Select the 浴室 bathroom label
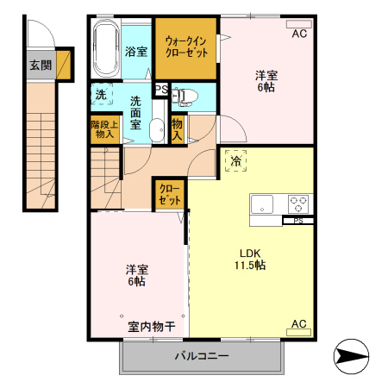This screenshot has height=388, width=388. click(x=135, y=51)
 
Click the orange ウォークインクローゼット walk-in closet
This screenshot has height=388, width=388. click(x=186, y=46)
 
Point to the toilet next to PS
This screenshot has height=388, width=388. click(x=188, y=95)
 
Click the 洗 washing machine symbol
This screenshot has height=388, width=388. click(x=102, y=94)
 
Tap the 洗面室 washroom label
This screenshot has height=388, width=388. click(x=135, y=113)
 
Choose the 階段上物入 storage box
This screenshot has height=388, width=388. click(x=103, y=129)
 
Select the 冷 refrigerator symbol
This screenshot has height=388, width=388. click(x=235, y=160)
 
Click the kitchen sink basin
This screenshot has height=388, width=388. click(x=262, y=204)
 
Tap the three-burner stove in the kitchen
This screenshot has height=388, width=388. click(x=298, y=204)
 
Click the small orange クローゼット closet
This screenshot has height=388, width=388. click(x=169, y=194)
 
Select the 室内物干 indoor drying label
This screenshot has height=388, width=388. click(x=152, y=327)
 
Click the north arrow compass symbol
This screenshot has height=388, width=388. click(x=352, y=354)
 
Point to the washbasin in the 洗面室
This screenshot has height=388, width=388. click(x=156, y=130)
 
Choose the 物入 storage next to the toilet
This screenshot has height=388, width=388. click(x=177, y=129)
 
